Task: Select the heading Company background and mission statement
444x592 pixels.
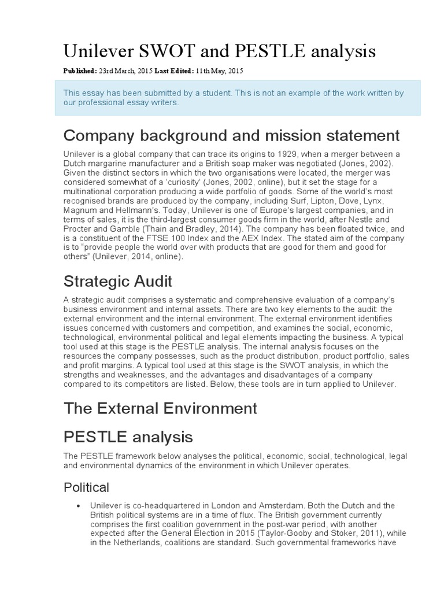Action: tap(231, 136)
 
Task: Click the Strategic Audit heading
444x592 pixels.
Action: tap(117, 282)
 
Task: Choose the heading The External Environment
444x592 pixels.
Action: tap(160, 409)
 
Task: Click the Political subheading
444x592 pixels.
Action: tap(86, 487)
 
